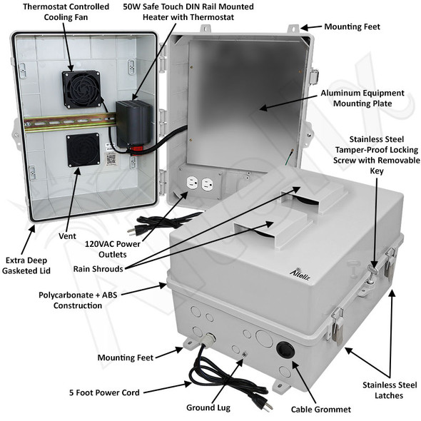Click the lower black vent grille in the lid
pyautogui.click(x=82, y=151)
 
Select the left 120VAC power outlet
pyautogui.click(x=191, y=183)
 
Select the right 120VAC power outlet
pyautogui.click(x=208, y=183)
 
